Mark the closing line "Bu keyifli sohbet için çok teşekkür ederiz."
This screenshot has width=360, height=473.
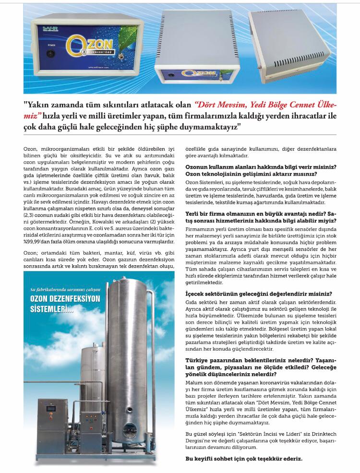[244, 459]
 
